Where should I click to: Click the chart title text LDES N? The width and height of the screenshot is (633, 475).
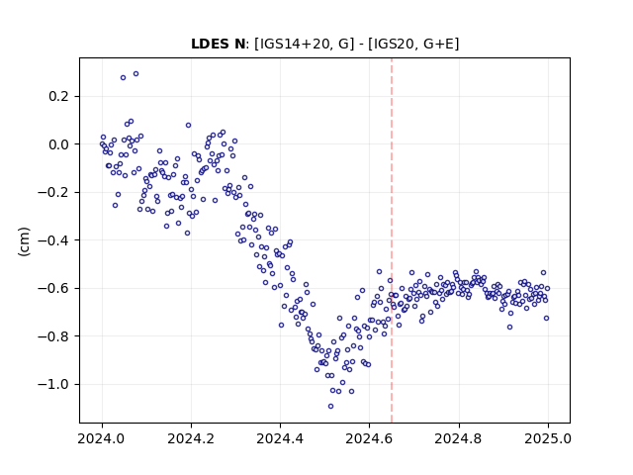[x=218, y=44]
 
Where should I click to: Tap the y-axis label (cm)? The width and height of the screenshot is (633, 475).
[x=24, y=241]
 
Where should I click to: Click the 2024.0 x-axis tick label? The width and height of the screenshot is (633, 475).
[x=102, y=438]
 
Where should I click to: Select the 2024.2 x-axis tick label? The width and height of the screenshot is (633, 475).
[x=191, y=438]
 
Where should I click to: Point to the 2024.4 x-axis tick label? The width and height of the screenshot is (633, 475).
[x=280, y=438]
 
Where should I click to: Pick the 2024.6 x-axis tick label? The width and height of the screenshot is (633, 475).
[x=369, y=438]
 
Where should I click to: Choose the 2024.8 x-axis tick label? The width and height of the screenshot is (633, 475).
[x=459, y=438]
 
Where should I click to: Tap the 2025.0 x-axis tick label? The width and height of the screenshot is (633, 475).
[x=548, y=438]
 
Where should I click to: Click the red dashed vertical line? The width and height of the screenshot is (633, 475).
[x=392, y=240]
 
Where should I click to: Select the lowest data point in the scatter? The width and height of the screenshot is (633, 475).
[x=330, y=407]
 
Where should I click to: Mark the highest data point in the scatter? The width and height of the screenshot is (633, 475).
[x=136, y=74]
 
